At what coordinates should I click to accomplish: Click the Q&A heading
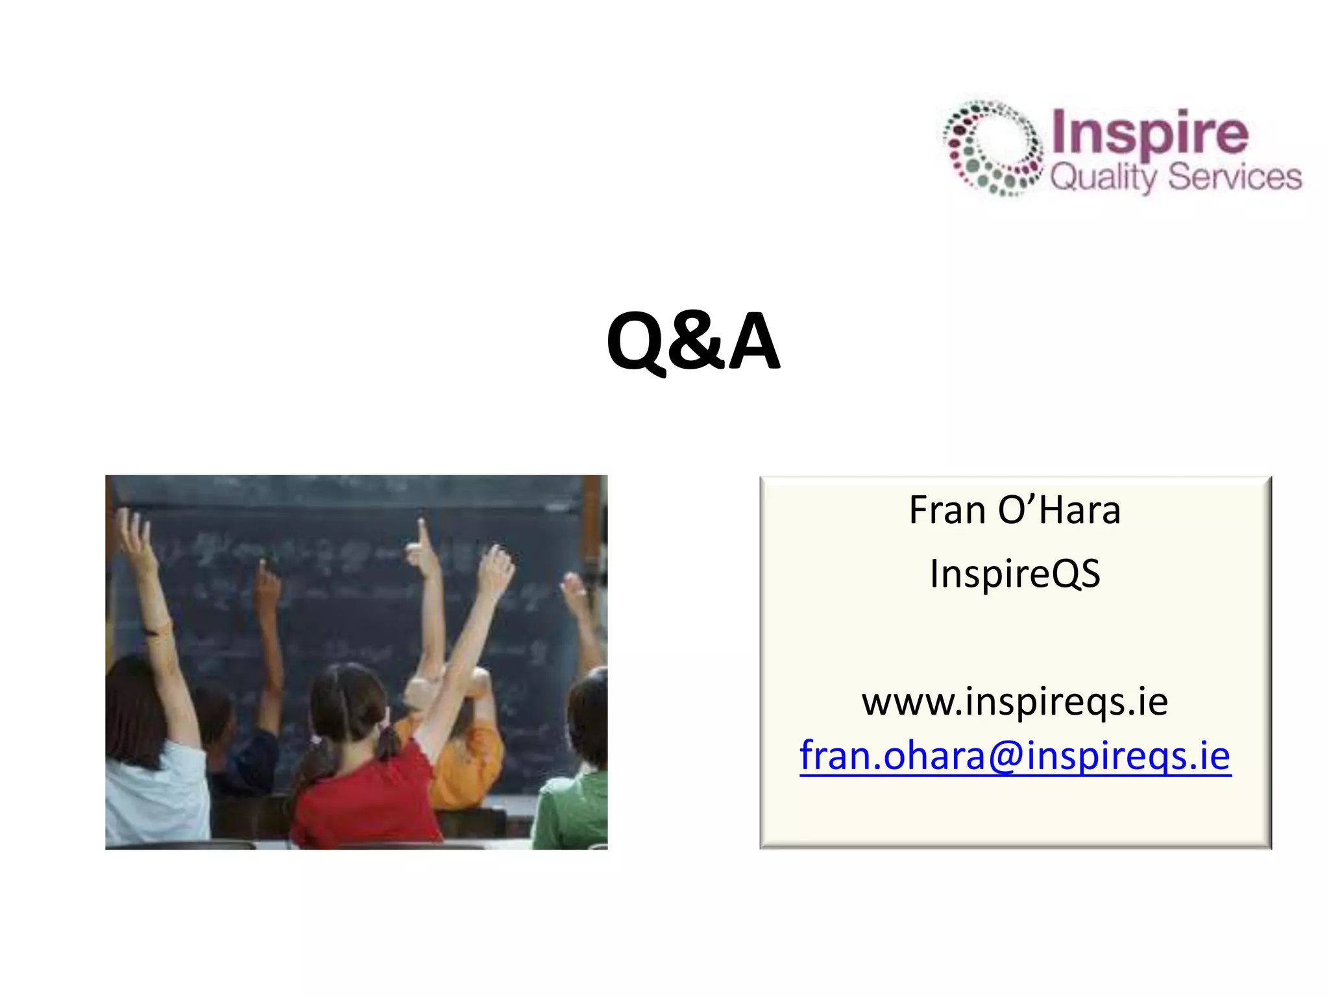pos(692,341)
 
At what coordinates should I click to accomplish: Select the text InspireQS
pos(1015,574)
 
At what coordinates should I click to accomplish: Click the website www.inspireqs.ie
pos(1015,702)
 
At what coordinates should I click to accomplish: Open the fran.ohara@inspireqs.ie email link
pos(1015,756)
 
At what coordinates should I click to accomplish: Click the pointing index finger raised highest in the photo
pos(423,532)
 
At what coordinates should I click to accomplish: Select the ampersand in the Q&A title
pos(697,343)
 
